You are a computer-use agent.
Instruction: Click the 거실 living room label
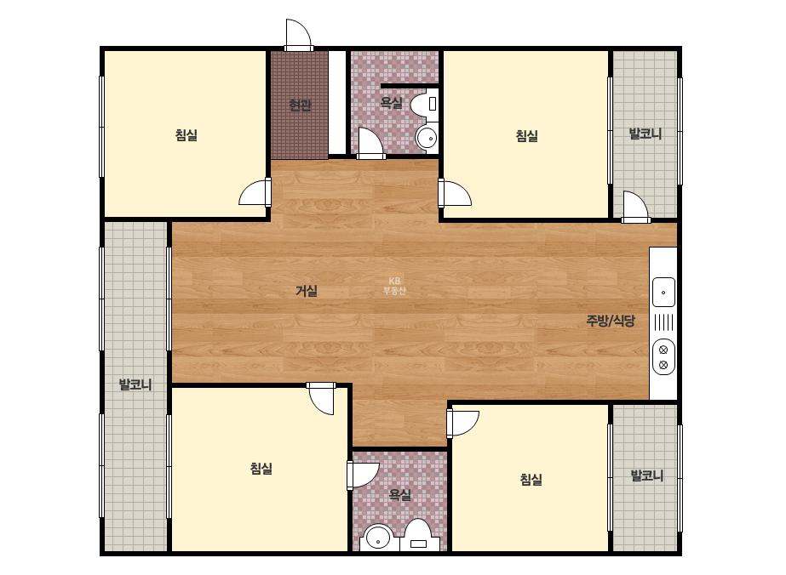coord(307,291)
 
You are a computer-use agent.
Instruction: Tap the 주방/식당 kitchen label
coord(611,321)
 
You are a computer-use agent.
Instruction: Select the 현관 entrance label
coord(300,105)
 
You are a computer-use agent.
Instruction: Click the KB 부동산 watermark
coord(394,286)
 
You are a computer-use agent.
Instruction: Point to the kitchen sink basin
coord(663,292)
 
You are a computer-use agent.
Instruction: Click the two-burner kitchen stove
coord(663,357)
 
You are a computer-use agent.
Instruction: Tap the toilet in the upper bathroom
coord(424,105)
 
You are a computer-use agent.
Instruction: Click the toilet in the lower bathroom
coord(419,536)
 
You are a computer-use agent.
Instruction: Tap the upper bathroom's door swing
coord(371,143)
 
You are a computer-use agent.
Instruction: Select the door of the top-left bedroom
coord(255,192)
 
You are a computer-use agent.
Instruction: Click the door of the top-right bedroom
coord(455,194)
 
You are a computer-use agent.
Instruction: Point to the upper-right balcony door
coord(635,207)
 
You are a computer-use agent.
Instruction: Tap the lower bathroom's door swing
coord(363,475)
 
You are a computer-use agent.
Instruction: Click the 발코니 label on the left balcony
coord(135,384)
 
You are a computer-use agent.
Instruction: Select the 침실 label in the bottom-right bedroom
coord(531,480)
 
